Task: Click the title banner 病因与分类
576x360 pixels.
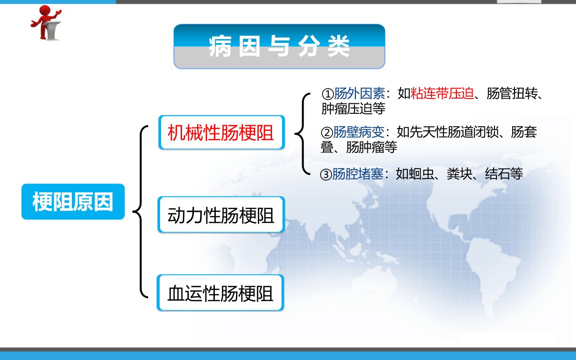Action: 279,47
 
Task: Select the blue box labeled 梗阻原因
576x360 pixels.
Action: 73,202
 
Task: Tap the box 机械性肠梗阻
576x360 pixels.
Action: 222,132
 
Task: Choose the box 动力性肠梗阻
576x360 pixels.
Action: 221,215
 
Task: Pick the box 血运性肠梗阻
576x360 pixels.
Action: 221,293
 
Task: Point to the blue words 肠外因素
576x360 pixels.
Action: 360,93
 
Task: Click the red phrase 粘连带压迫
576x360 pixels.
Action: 442,93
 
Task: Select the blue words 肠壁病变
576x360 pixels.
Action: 359,132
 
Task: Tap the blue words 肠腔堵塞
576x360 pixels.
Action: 358,174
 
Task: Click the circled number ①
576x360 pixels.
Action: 328,94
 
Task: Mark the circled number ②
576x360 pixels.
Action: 327,133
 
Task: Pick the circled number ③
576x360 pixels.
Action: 326,175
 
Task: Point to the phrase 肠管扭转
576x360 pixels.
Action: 512,93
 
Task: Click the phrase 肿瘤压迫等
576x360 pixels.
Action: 354,109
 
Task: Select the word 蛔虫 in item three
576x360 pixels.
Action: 421,174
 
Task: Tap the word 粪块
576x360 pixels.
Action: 460,174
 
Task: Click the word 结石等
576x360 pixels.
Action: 504,174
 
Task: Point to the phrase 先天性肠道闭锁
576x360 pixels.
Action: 454,132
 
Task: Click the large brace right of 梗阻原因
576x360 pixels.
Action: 141,212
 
